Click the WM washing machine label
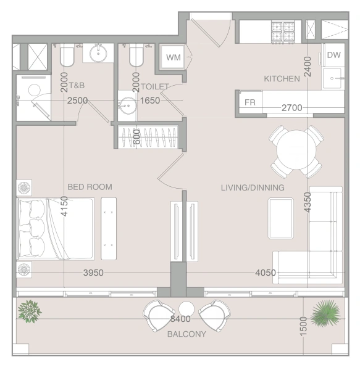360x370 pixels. [x=174, y=57]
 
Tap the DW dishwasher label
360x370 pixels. [x=334, y=55]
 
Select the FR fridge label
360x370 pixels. [x=250, y=102]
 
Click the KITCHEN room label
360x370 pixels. [x=282, y=78]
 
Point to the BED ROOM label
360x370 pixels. [x=90, y=187]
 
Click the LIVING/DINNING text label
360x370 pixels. [x=253, y=187]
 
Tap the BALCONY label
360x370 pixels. [x=186, y=334]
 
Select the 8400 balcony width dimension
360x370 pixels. [x=180, y=319]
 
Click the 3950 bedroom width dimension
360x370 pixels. [x=93, y=273]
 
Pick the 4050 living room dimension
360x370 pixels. [x=266, y=273]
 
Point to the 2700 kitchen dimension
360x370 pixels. [x=292, y=108]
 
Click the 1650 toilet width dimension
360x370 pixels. [x=150, y=101]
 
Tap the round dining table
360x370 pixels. [x=296, y=150]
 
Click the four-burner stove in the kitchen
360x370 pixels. [x=283, y=32]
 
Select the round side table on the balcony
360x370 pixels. [x=186, y=309]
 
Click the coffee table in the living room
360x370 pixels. [x=280, y=218]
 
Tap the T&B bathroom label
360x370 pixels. [x=77, y=85]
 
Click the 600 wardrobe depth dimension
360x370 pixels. [x=136, y=137]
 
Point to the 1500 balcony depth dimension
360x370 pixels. [x=303, y=326]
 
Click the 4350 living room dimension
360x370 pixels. [x=308, y=202]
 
